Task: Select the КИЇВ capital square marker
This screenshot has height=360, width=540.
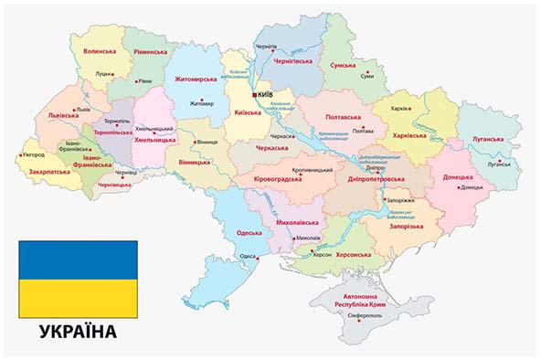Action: coord(253,94)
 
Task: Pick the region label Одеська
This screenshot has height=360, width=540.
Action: coord(249,232)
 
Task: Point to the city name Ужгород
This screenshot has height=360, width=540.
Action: coord(32,155)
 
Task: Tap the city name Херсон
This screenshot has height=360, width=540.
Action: coord(323,257)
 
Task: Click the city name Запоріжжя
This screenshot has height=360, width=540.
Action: coord(400,200)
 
